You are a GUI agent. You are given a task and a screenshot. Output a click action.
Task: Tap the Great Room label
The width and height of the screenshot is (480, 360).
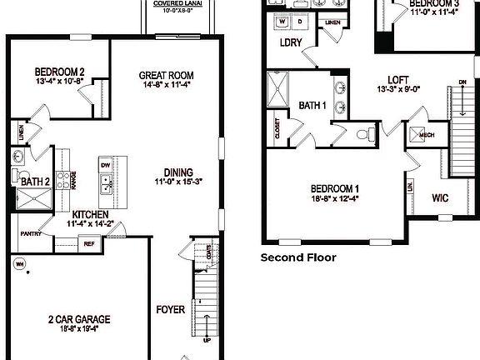(x=161, y=76)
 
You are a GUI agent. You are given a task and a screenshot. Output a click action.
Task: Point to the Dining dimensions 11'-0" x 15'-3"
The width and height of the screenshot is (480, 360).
(x=178, y=181)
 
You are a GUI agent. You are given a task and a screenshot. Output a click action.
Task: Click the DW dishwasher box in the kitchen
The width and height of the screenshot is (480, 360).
(x=105, y=165)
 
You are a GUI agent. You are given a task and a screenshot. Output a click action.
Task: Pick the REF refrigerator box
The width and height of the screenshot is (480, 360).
(x=88, y=244)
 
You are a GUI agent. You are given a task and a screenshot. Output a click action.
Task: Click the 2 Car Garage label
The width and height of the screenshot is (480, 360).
(x=80, y=319)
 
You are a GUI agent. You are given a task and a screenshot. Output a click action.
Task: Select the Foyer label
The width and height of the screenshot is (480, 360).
(x=170, y=311)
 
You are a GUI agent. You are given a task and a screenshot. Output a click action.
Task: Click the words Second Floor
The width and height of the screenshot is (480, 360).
(x=298, y=257)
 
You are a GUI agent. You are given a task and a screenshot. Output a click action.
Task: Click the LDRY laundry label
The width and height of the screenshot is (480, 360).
(x=291, y=42)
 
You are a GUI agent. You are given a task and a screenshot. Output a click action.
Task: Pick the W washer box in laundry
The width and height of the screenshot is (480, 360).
(x=282, y=22)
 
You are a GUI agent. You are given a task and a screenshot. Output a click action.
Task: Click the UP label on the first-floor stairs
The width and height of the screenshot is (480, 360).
(x=207, y=340)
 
